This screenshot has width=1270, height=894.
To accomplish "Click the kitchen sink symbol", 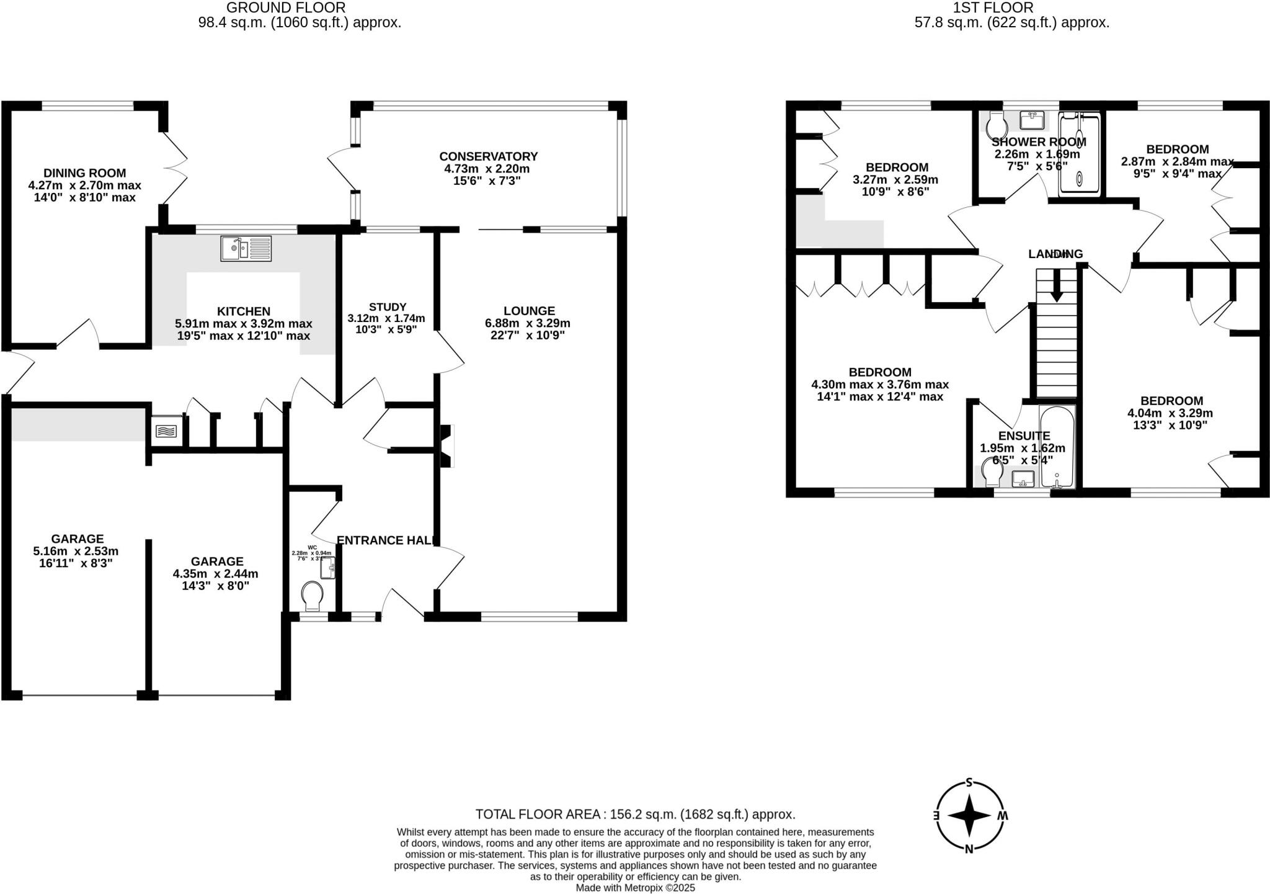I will (246, 249).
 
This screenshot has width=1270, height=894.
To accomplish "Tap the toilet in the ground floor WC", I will (312, 596).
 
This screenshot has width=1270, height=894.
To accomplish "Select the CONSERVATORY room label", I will (488, 156).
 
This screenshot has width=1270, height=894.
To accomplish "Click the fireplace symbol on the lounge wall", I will (446, 445).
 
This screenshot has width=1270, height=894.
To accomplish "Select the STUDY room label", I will (388, 306).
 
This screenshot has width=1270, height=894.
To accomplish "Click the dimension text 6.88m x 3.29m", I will (528, 323).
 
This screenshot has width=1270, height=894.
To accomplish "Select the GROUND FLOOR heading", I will (285, 8).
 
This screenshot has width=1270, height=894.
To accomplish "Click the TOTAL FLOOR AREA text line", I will (635, 814).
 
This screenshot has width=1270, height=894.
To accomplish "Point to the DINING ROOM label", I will (84, 173).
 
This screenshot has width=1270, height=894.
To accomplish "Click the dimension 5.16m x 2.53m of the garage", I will (76, 551).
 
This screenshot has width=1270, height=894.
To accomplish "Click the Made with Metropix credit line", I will (635, 888).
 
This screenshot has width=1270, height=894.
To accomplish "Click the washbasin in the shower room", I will (1032, 118).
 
